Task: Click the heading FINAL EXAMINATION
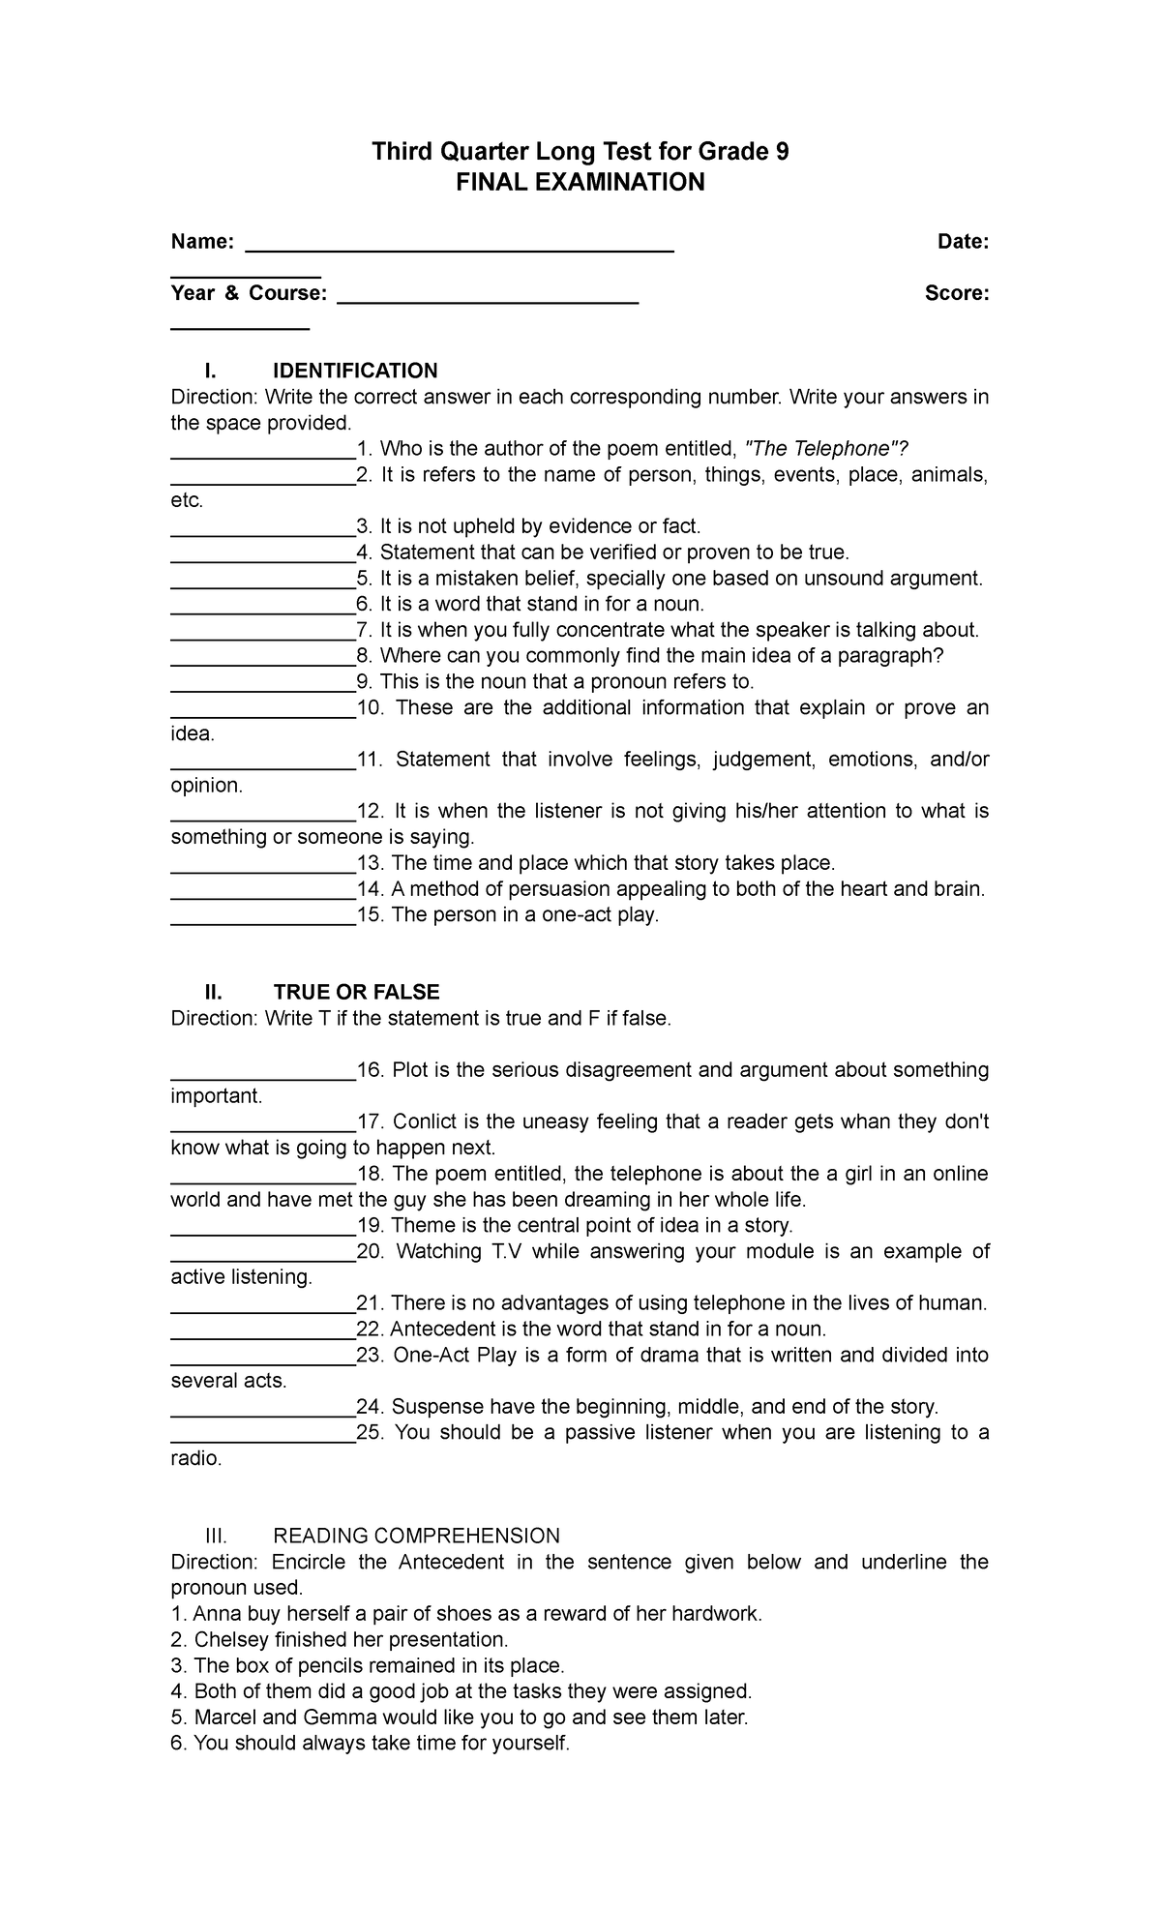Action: (x=580, y=182)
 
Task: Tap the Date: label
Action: (x=963, y=242)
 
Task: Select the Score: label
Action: (x=957, y=293)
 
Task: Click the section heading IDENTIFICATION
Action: (x=355, y=371)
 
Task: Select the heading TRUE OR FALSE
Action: (x=356, y=992)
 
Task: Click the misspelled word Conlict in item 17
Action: (x=425, y=1122)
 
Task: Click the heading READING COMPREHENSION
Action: (x=417, y=1536)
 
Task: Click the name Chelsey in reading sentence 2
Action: (x=229, y=1640)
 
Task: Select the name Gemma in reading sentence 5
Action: (x=338, y=1718)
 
